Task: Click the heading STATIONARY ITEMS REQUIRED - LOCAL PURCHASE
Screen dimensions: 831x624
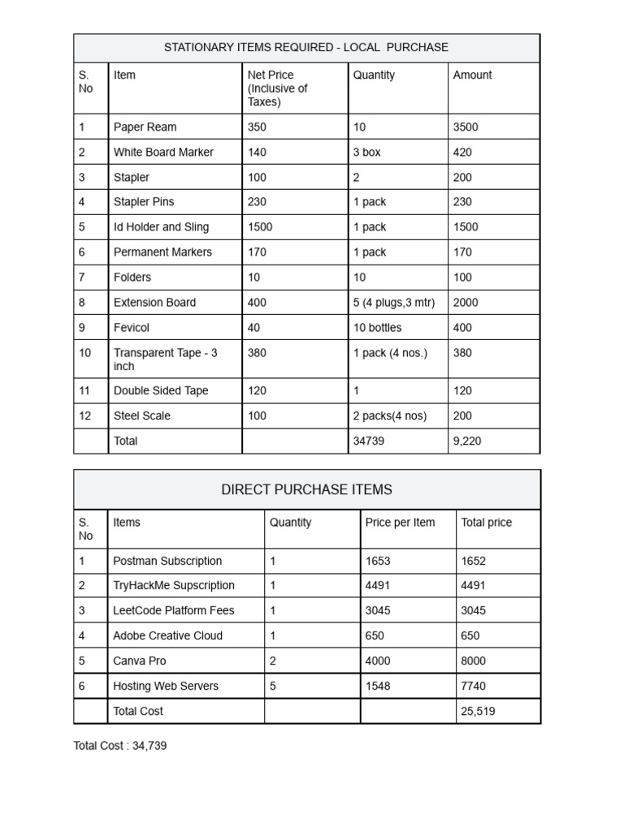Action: click(x=306, y=48)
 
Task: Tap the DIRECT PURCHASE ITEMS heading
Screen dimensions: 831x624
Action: click(x=306, y=490)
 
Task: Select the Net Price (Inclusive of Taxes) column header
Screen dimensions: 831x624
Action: click(x=277, y=88)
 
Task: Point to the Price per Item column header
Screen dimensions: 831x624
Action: click(x=400, y=523)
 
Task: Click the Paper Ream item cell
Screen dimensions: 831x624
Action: click(x=145, y=127)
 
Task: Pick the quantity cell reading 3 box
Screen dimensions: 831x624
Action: click(x=366, y=153)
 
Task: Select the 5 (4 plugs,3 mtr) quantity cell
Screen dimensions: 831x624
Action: click(x=394, y=303)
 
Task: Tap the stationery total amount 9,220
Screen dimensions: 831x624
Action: click(x=470, y=441)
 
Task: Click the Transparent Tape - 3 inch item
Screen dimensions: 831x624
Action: click(x=165, y=360)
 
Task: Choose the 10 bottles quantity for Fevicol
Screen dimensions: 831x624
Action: click(x=377, y=328)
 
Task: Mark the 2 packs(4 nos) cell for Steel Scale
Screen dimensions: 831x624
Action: click(x=390, y=416)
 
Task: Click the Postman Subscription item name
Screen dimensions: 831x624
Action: click(x=167, y=561)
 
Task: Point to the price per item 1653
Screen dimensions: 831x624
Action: click(x=378, y=561)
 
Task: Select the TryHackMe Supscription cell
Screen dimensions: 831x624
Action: click(x=174, y=586)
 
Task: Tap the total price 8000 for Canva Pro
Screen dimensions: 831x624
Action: click(x=474, y=661)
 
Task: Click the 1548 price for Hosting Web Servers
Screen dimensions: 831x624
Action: click(x=378, y=687)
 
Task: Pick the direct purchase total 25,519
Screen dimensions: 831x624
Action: click(x=478, y=712)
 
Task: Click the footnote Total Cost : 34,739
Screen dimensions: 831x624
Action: click(x=120, y=746)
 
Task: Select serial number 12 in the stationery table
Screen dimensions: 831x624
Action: click(x=84, y=416)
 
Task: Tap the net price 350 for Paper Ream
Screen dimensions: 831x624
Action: click(x=257, y=127)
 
